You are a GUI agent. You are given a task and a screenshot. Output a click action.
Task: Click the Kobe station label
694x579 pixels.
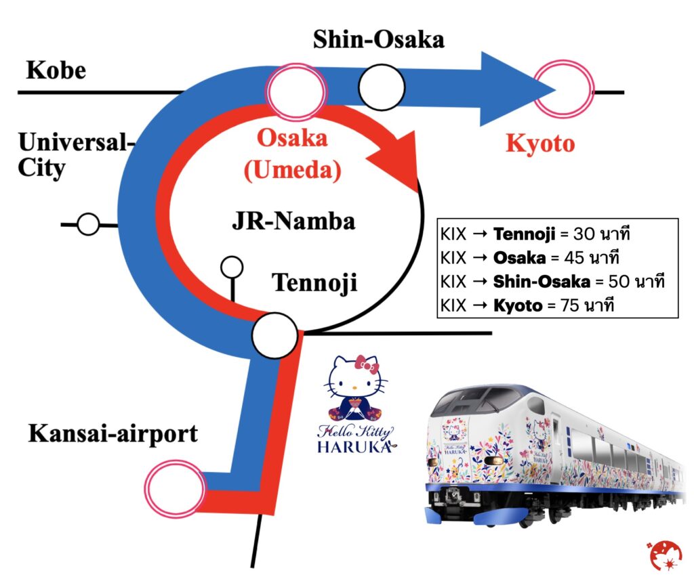(x=56, y=70)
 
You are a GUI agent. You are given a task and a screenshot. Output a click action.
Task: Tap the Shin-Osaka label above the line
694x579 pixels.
(x=378, y=39)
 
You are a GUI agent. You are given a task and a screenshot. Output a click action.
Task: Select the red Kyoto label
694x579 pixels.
(x=540, y=144)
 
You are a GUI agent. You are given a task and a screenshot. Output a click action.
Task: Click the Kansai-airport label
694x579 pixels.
(x=113, y=433)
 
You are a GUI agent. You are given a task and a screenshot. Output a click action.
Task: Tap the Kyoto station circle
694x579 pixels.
(x=563, y=89)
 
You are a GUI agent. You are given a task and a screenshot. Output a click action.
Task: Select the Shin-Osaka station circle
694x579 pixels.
(x=382, y=87)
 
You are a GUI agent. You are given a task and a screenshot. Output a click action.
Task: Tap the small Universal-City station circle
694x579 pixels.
(x=88, y=223)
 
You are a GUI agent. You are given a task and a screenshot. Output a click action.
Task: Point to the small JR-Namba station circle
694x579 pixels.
(x=232, y=267)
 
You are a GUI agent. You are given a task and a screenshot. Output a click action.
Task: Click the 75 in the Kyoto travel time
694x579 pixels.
(x=568, y=305)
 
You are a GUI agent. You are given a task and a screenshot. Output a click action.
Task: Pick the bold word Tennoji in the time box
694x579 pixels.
(x=522, y=235)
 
